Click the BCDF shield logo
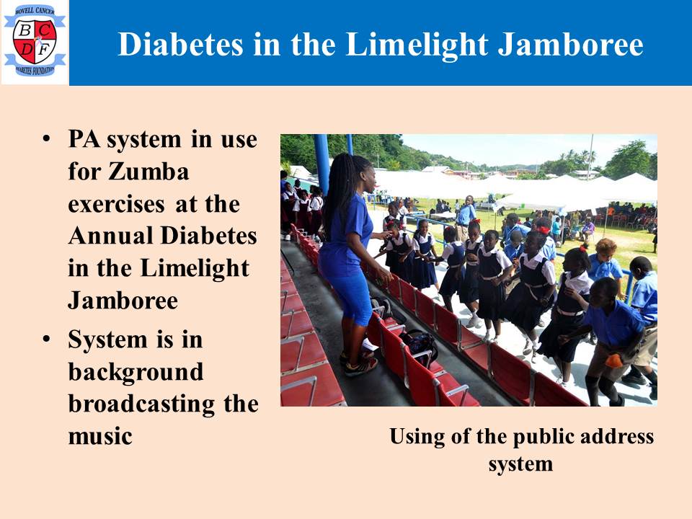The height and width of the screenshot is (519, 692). pyautogui.click(x=35, y=42)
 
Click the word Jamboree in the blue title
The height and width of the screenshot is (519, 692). pyautogui.click(x=571, y=44)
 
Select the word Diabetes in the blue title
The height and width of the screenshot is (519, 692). pyautogui.click(x=180, y=44)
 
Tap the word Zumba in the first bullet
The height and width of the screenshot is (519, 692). pyautogui.click(x=148, y=172)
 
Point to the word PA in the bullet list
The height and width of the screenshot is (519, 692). pyautogui.click(x=84, y=139)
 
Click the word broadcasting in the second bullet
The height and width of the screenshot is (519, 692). pyautogui.click(x=141, y=404)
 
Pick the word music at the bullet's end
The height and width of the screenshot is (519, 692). pyautogui.click(x=100, y=437)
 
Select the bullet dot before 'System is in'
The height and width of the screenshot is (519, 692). pyautogui.click(x=46, y=340)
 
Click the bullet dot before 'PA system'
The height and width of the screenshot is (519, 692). pyautogui.click(x=46, y=139)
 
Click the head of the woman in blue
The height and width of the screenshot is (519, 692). pyautogui.click(x=358, y=174)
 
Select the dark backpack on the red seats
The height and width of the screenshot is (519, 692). pyautogui.click(x=419, y=344)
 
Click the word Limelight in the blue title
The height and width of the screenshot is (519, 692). pyautogui.click(x=417, y=45)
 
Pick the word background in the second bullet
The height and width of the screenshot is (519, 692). pyautogui.click(x=136, y=373)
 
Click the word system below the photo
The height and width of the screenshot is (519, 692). pyautogui.click(x=520, y=464)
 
